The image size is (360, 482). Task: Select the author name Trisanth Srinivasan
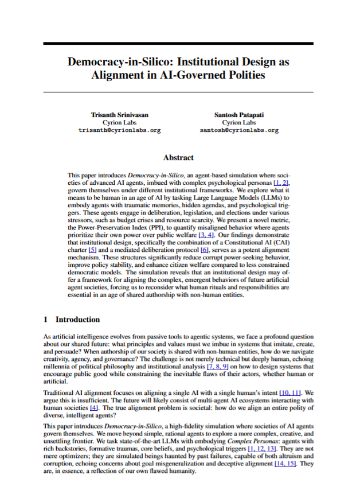pyautogui.click(x=119, y=115)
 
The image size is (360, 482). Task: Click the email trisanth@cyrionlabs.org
pyautogui.click(x=119, y=130)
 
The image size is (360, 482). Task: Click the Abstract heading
pyautogui.click(x=178, y=157)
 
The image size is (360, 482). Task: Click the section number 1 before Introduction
pyautogui.click(x=46, y=319)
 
